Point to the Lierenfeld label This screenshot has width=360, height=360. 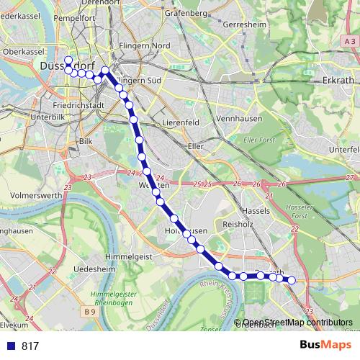(179, 123)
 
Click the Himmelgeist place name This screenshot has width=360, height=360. (127, 256)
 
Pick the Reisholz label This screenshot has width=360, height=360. (235, 225)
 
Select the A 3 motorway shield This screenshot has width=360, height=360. (349, 43)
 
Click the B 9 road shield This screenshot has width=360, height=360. (89, 312)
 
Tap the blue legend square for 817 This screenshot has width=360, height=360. (10, 346)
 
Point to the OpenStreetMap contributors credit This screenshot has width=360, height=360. (297, 322)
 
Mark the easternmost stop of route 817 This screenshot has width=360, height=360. (292, 280)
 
